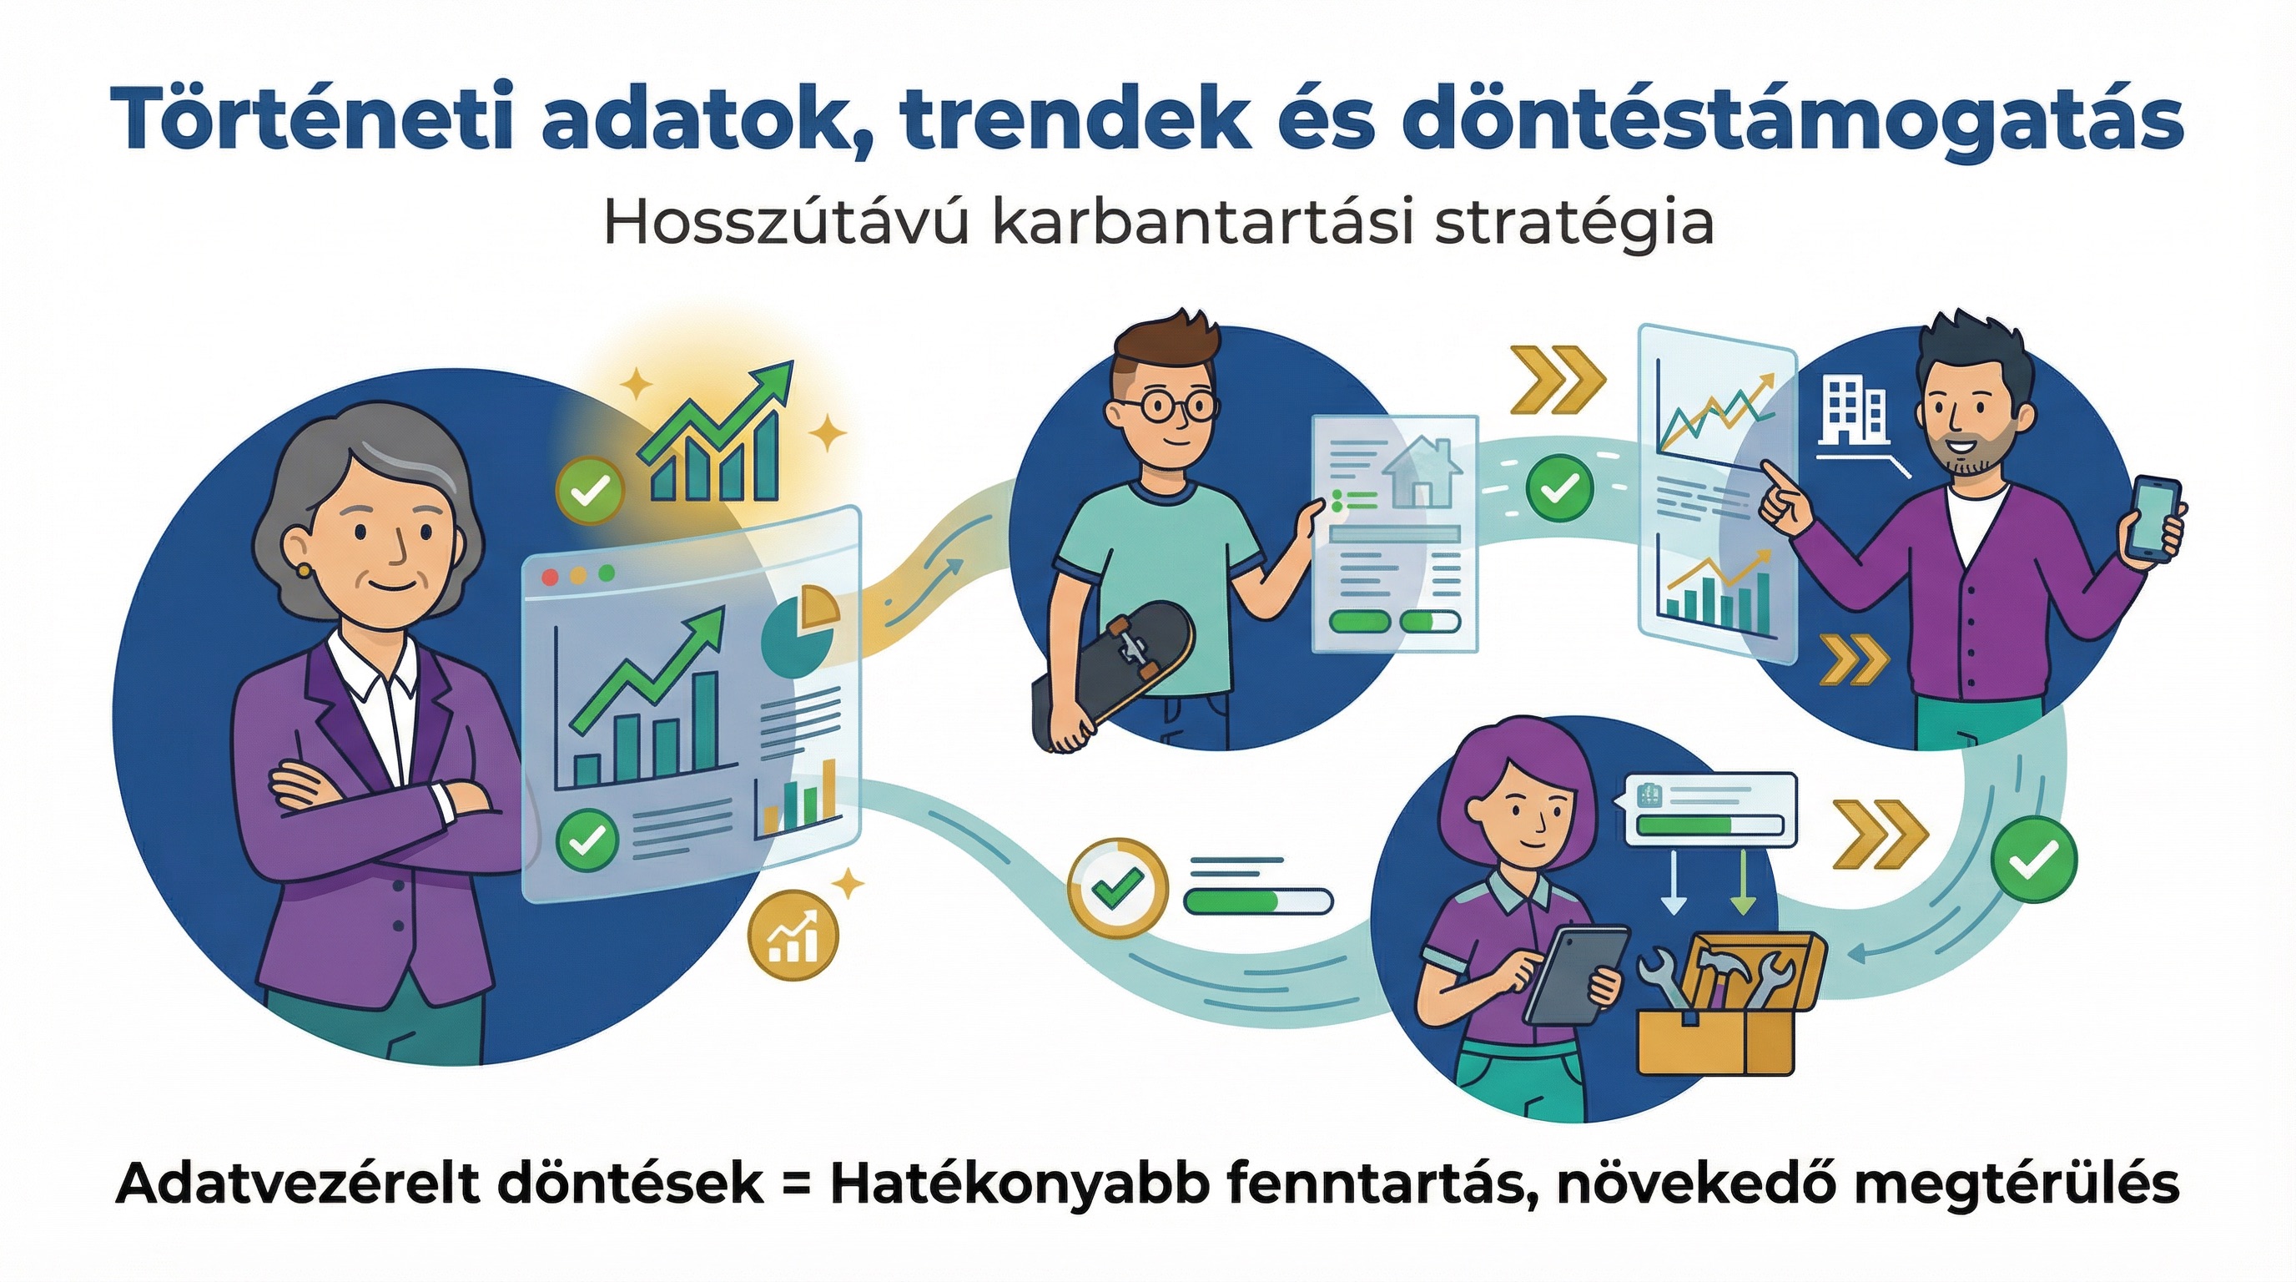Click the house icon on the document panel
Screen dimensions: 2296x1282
[1421, 473]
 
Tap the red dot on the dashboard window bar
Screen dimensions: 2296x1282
[550, 576]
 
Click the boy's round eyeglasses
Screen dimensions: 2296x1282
[1168, 406]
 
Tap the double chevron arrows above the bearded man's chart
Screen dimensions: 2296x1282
[1557, 380]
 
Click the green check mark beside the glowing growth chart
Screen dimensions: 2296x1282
[589, 489]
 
